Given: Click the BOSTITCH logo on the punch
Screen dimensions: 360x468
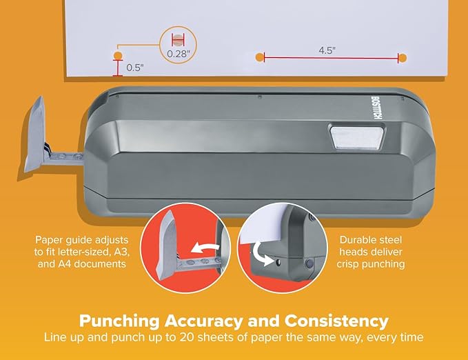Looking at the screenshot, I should coord(376,110).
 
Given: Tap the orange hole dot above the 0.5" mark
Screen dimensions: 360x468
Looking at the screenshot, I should coord(117,54).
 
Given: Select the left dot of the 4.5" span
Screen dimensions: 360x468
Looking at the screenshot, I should coord(259,58).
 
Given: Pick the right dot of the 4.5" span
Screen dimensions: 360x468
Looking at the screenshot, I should coord(403,58).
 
